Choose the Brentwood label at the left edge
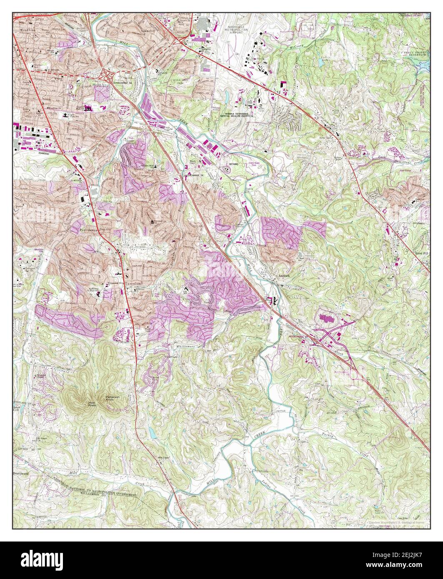tap(23, 474)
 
